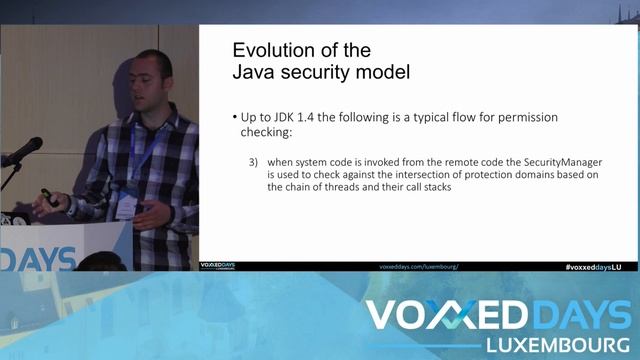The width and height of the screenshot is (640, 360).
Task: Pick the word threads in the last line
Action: (x=333, y=188)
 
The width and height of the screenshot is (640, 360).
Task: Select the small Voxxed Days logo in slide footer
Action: (x=217, y=267)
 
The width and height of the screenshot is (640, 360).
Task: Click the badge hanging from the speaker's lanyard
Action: (x=127, y=206)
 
